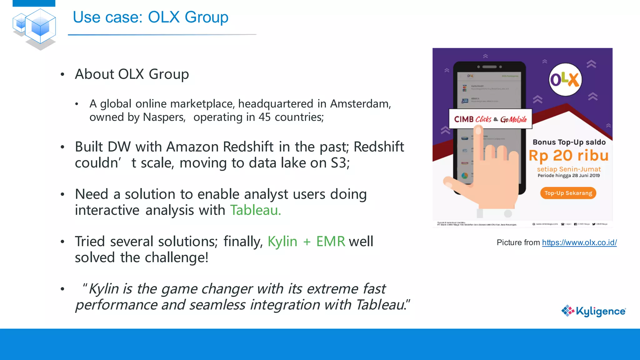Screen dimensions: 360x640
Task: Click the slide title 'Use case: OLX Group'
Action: (150, 17)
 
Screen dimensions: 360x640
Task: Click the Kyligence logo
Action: (593, 311)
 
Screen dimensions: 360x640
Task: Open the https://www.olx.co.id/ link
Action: (579, 242)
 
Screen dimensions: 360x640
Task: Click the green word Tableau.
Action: (255, 210)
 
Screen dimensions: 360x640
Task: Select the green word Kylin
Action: (282, 242)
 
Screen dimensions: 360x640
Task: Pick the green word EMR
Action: (330, 242)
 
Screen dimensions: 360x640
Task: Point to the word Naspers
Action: (164, 117)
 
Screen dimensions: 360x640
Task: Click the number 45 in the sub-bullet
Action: (264, 117)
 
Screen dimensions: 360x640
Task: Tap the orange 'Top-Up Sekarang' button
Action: (568, 193)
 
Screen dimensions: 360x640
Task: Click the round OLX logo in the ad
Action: (565, 79)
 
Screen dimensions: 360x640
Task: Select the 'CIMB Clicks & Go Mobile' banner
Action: (490, 119)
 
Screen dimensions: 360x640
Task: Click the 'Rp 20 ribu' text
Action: (568, 156)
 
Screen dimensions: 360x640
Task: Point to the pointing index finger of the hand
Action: (477, 141)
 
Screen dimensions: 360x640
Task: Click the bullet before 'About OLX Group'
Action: (62, 74)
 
